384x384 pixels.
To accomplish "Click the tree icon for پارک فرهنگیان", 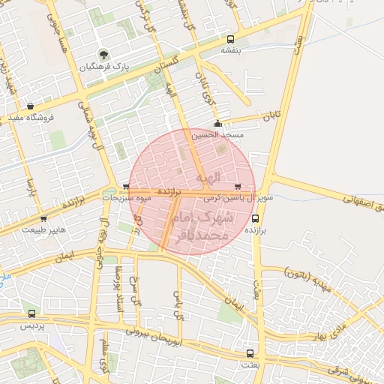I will pyautogui.click(x=103, y=55).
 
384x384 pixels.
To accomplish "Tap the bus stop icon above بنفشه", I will pyautogui.click(x=229, y=39).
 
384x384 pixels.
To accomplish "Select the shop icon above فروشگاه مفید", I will pyautogui.click(x=30, y=106).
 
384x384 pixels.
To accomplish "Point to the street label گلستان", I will pyautogui.click(x=168, y=66).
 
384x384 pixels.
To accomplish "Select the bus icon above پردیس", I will pyautogui.click(x=31, y=314).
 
